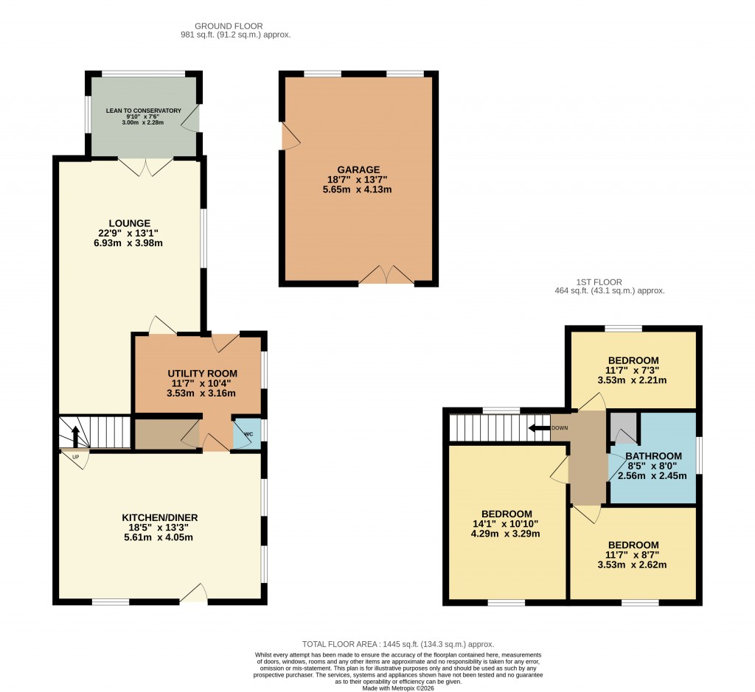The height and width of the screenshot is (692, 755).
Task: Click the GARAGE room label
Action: [x=359, y=169]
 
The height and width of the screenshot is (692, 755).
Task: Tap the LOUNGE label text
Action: [x=130, y=223]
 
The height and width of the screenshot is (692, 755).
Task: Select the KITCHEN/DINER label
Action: [x=160, y=517]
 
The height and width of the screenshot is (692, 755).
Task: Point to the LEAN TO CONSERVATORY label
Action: [x=143, y=111]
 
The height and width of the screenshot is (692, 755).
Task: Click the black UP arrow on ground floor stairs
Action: [x=74, y=431]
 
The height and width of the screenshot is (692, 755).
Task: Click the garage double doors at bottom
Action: [x=387, y=276]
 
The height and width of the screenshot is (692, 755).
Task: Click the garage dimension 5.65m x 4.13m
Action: [x=359, y=189]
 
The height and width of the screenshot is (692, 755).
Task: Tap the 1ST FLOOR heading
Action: [x=599, y=282]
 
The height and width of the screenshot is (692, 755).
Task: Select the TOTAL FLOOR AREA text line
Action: [x=397, y=644]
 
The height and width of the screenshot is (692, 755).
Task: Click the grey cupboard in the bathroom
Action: [x=623, y=426]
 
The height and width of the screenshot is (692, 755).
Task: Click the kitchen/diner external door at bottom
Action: [x=193, y=594]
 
